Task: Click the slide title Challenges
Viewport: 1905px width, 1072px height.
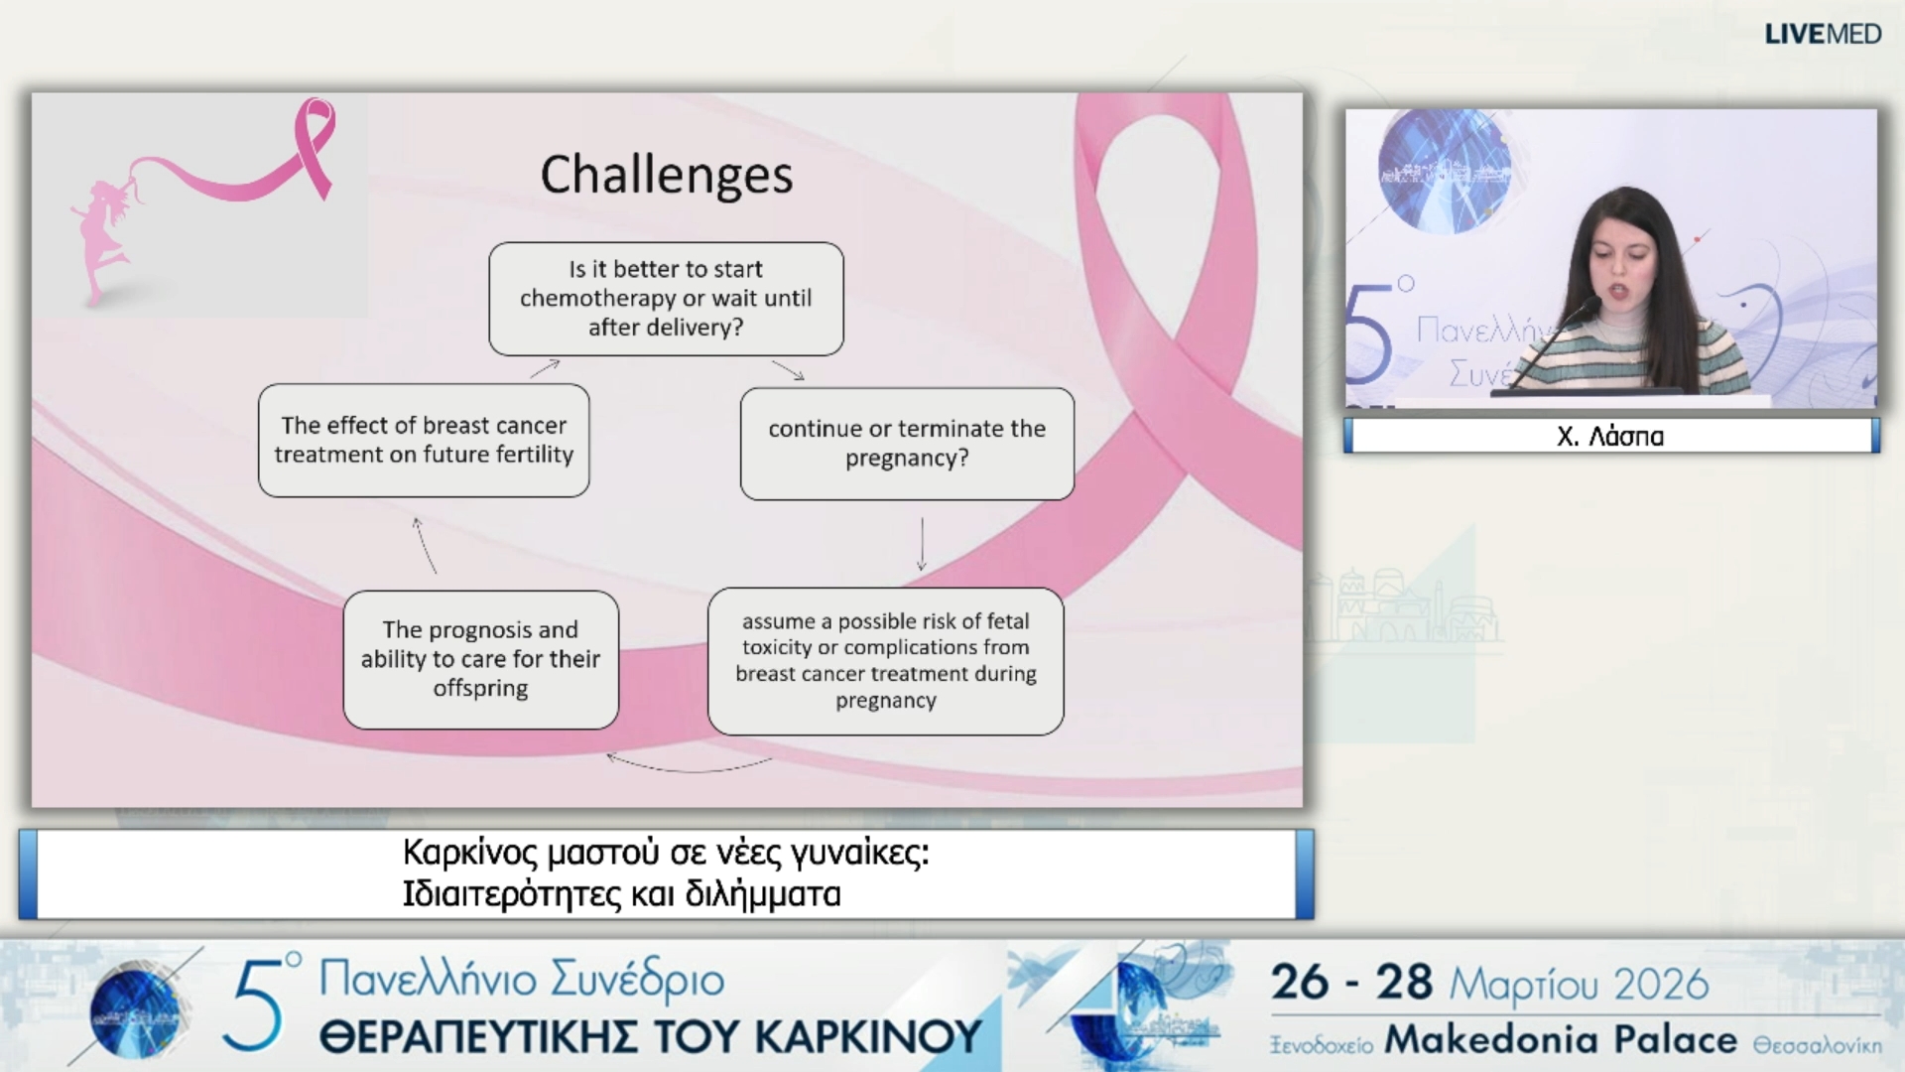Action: point(666,176)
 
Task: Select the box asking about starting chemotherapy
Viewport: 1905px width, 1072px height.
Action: point(666,299)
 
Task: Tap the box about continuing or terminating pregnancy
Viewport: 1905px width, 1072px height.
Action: point(907,444)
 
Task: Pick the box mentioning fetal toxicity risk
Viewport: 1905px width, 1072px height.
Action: point(885,661)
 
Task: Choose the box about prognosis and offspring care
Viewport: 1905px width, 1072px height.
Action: point(480,659)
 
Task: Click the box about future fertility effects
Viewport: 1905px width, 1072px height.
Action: point(424,440)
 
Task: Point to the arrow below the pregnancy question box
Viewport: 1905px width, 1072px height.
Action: point(922,544)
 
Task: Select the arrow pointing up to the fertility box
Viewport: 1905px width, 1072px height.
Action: point(424,545)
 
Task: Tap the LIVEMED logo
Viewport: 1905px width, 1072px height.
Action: point(1823,34)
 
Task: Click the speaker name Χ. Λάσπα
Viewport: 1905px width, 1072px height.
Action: point(1610,436)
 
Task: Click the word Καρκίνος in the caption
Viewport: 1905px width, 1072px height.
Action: point(470,853)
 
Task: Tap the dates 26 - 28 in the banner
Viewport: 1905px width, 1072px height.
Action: point(1351,983)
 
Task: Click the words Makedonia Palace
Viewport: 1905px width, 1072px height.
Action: point(1561,1039)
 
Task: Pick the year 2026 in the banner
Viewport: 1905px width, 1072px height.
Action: point(1661,984)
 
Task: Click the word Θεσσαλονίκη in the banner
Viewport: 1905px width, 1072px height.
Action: point(1817,1045)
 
